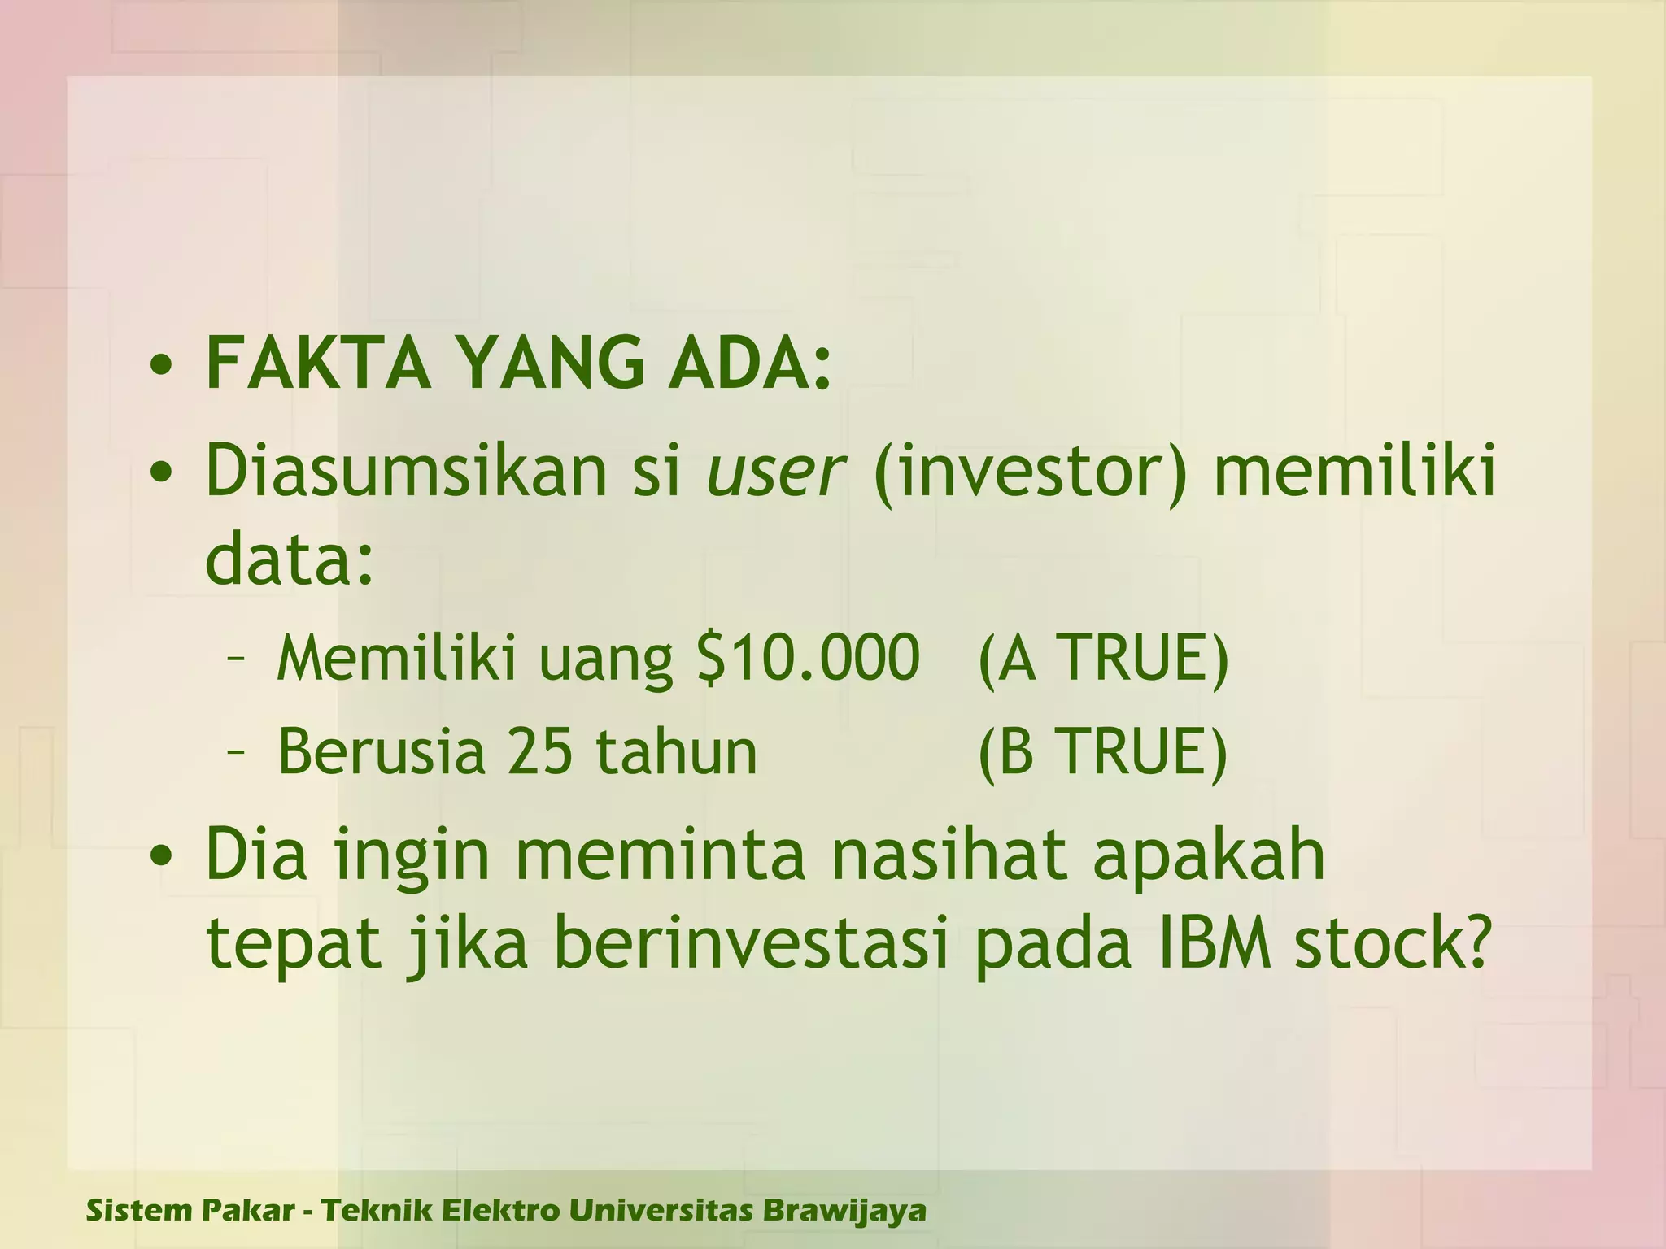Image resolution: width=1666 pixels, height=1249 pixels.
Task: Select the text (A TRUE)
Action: (1103, 659)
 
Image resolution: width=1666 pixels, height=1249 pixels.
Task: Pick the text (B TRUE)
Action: (1102, 752)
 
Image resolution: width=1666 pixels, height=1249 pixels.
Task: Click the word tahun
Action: (676, 751)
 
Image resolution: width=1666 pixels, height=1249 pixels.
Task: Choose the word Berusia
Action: (381, 751)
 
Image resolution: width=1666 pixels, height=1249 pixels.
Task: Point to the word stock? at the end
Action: (1393, 945)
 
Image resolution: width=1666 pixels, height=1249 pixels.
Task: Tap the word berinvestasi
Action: (752, 945)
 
